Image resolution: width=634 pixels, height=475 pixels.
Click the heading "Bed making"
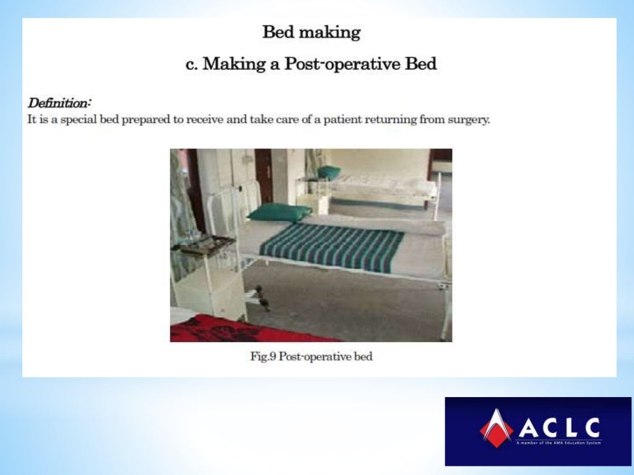coord(311,32)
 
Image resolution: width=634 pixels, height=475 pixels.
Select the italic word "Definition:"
coord(59,101)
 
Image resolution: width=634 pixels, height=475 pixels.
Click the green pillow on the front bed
coord(279,212)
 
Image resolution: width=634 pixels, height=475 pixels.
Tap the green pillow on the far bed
coord(329,172)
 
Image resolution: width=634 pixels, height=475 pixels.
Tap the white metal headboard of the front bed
coord(229,204)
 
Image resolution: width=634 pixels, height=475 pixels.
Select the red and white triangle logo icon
coord(496,427)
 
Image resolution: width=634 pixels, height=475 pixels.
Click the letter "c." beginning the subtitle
coord(193,64)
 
